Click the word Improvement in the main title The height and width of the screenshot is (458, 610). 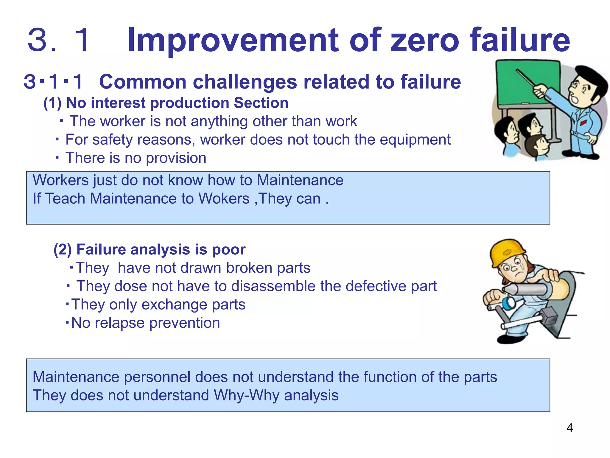coord(233,40)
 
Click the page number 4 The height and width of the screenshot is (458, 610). coord(569,428)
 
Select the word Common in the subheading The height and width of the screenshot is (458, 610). coord(143,82)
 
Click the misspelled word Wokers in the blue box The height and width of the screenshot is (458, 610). coord(224,199)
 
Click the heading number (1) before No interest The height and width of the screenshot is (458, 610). coord(52,103)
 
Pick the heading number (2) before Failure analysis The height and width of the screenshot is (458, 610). coord(63,250)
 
